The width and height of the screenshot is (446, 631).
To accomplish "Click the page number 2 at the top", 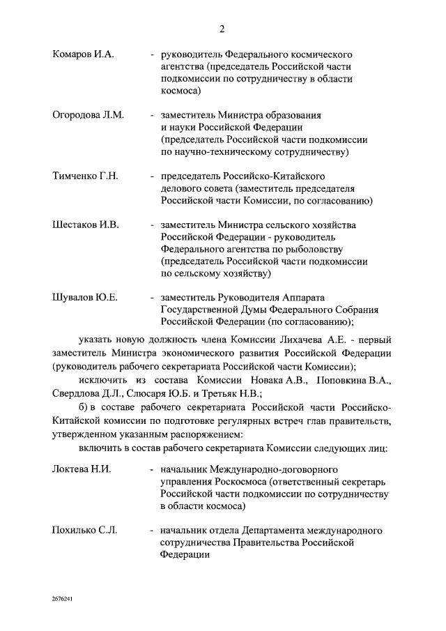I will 222,29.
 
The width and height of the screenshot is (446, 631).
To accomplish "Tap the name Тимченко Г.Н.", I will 85,176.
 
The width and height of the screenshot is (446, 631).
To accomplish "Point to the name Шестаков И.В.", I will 86,225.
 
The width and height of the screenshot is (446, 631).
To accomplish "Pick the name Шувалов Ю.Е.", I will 85,298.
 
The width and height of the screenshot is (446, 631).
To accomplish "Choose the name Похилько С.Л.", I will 84,531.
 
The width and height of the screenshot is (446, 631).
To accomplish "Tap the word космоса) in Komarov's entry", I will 181,91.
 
